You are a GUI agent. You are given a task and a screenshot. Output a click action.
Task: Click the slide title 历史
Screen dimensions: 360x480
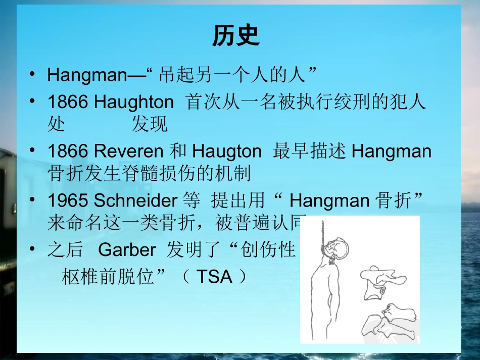click(235, 36)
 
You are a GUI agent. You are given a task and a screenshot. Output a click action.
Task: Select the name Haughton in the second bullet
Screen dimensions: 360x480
click(134, 102)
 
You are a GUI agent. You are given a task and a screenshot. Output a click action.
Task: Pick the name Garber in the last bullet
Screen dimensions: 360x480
click(127, 250)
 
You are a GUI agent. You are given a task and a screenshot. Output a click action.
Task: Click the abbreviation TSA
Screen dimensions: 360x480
click(214, 277)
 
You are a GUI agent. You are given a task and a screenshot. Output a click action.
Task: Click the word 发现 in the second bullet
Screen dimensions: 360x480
click(150, 124)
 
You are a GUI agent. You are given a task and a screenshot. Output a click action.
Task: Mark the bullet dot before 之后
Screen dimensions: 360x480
click(33, 249)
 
